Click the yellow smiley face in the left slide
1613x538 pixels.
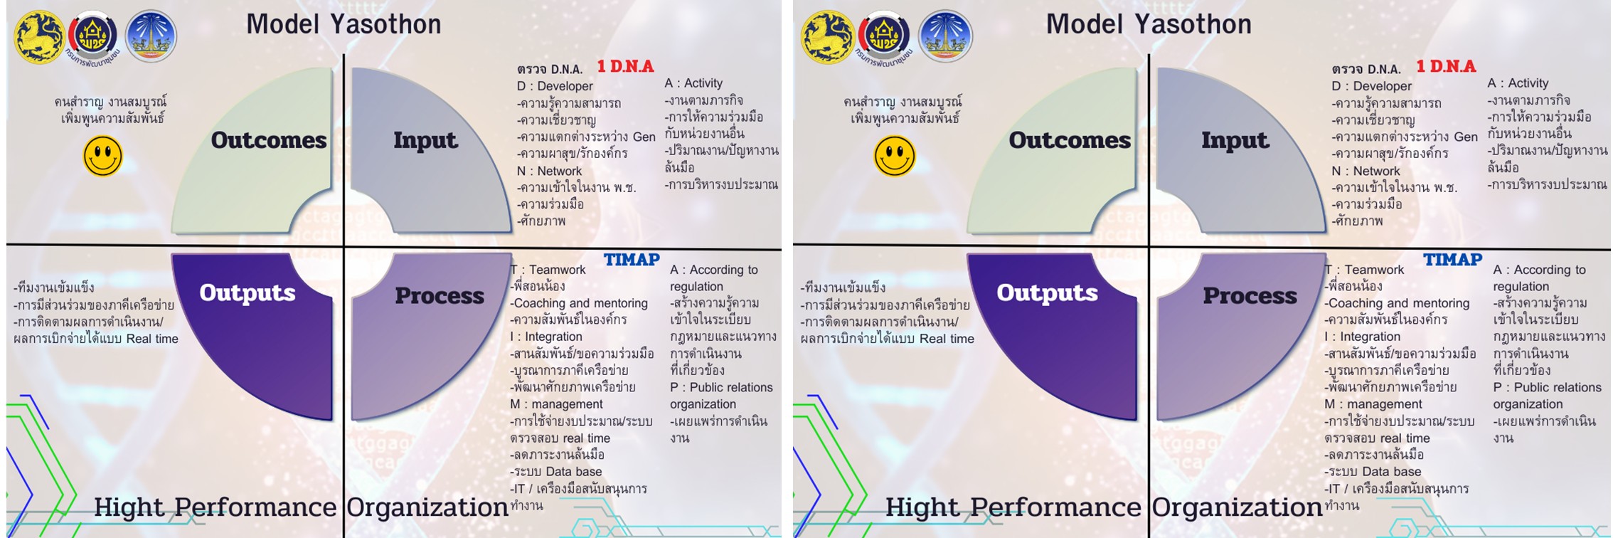[x=103, y=157]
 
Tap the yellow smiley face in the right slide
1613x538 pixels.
[x=895, y=157]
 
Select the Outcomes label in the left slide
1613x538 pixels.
[x=269, y=140]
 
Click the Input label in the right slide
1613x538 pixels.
[x=1235, y=140]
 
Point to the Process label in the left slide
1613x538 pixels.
[x=440, y=295]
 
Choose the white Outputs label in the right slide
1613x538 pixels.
[x=1048, y=292]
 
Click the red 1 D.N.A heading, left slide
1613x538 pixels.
[x=625, y=66]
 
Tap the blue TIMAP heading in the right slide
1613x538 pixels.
[x=1452, y=260]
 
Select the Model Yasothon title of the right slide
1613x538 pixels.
[x=1149, y=24]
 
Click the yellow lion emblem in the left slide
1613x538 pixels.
[x=40, y=37]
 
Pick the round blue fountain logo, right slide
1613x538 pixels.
[x=945, y=36]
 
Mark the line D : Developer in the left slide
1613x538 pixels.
[x=555, y=86]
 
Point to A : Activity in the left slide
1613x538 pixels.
[x=693, y=83]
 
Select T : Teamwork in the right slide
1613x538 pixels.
[x=1364, y=270]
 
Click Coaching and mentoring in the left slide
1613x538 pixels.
[x=580, y=303]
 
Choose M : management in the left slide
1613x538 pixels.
[x=556, y=404]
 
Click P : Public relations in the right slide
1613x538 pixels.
[x=1548, y=387]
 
